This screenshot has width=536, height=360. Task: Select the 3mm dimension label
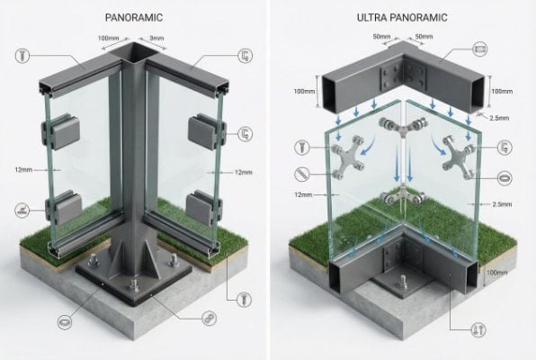(157, 38)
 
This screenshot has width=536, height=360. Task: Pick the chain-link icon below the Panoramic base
(209, 319)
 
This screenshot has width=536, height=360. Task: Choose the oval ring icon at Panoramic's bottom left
(65, 319)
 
